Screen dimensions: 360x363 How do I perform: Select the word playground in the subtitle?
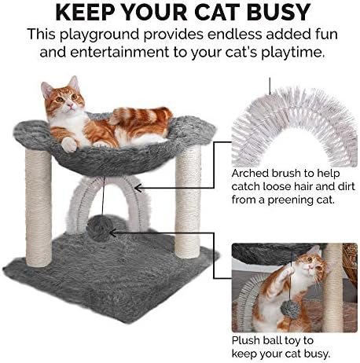pyautogui.click(x=99, y=35)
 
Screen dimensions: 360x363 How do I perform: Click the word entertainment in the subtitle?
pyautogui.click(x=119, y=52)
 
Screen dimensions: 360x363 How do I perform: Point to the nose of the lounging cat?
pyautogui.click(x=70, y=105)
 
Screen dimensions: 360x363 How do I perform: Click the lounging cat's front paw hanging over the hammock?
pyautogui.click(x=69, y=145)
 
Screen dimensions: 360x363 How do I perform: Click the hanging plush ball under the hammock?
pyautogui.click(x=100, y=228)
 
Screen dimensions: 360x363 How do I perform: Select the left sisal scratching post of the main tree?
pyautogui.click(x=39, y=208)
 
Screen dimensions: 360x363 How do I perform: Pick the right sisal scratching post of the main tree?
pyautogui.click(x=188, y=200)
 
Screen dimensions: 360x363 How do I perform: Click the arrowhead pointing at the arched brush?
pyautogui.click(x=138, y=188)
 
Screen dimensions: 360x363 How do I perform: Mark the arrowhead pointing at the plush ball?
pyautogui.click(x=113, y=233)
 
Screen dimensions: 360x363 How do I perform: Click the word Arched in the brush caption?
pyautogui.click(x=250, y=174)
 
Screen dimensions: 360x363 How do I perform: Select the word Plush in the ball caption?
pyautogui.click(x=246, y=340)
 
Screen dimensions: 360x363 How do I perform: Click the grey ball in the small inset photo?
pyautogui.click(x=291, y=310)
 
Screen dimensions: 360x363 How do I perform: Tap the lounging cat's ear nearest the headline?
pyautogui.click(x=73, y=82)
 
